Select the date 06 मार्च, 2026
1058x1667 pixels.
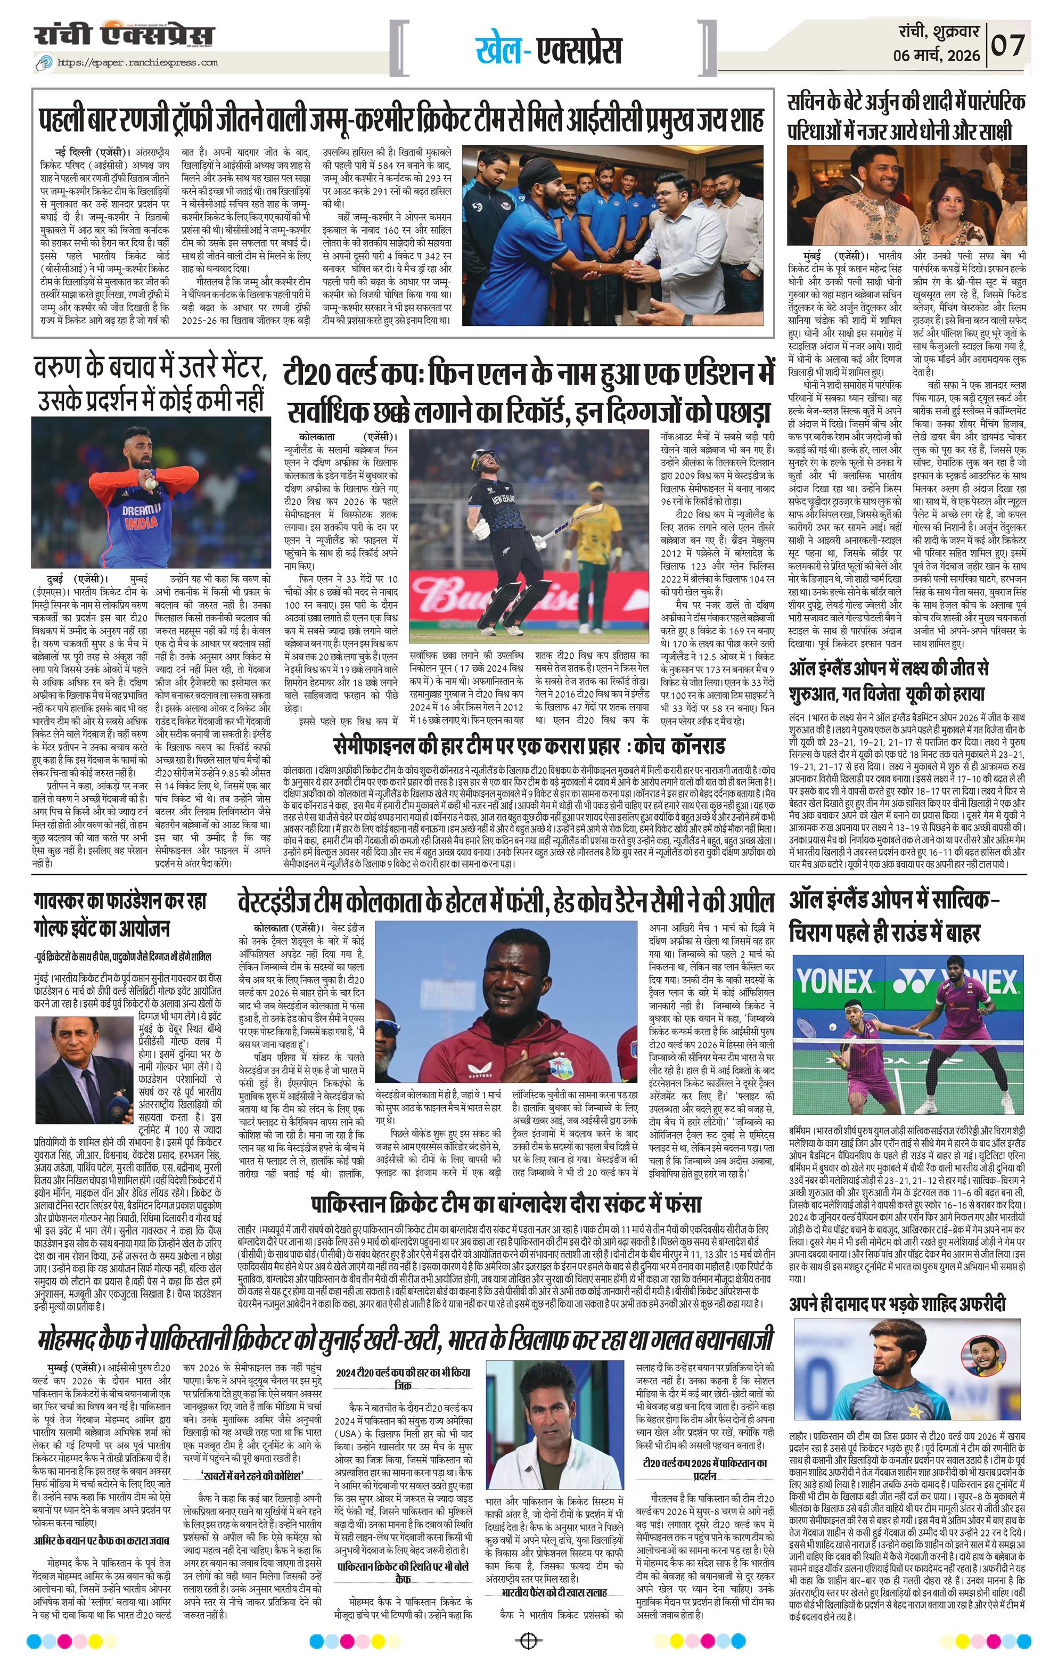(x=937, y=55)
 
